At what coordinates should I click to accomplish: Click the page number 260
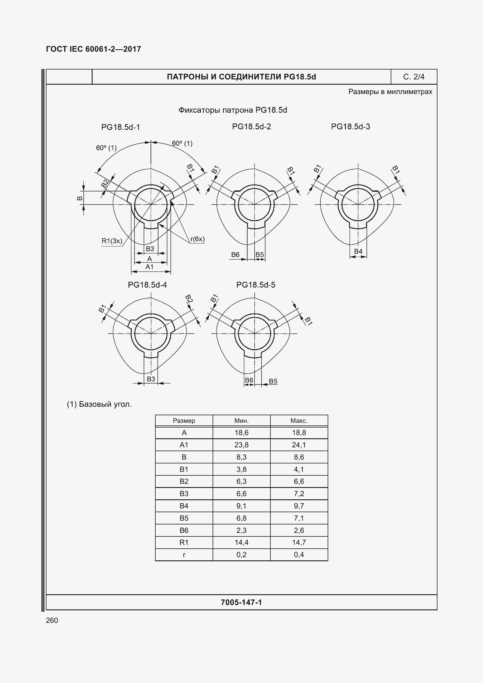[52, 620]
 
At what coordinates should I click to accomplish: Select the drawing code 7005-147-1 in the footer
[241, 602]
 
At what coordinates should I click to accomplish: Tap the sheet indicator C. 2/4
[414, 77]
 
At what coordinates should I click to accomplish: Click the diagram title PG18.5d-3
[350, 127]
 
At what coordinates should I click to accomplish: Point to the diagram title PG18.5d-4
[147, 285]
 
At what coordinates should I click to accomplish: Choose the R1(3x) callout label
[112, 241]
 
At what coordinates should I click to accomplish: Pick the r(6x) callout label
[197, 239]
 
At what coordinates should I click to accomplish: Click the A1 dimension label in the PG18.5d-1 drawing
[149, 267]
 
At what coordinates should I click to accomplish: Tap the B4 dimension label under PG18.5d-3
[358, 251]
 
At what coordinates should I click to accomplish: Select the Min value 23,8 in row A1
[241, 445]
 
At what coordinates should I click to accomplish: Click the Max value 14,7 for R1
[299, 542]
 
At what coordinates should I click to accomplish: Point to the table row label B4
[184, 506]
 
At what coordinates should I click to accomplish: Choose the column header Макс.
[299, 420]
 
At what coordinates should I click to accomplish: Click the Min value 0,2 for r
[241, 555]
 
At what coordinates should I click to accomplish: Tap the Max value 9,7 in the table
[299, 506]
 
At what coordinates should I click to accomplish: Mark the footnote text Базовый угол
[105, 404]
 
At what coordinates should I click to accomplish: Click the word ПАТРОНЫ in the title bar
[187, 77]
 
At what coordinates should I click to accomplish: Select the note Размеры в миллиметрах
[390, 92]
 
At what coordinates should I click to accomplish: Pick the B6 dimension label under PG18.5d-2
[235, 255]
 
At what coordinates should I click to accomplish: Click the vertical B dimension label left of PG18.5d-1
[80, 198]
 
